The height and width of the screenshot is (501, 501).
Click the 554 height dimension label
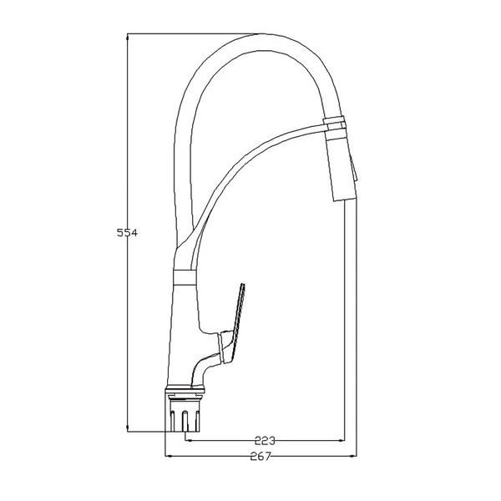(x=127, y=233)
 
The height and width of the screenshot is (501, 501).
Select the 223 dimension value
(x=265, y=441)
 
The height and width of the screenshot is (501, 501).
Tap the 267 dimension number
(x=261, y=456)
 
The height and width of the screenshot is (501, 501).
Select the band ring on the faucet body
(x=184, y=277)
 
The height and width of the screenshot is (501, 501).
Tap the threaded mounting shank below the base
(x=185, y=413)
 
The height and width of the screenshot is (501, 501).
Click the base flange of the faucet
(x=185, y=389)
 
